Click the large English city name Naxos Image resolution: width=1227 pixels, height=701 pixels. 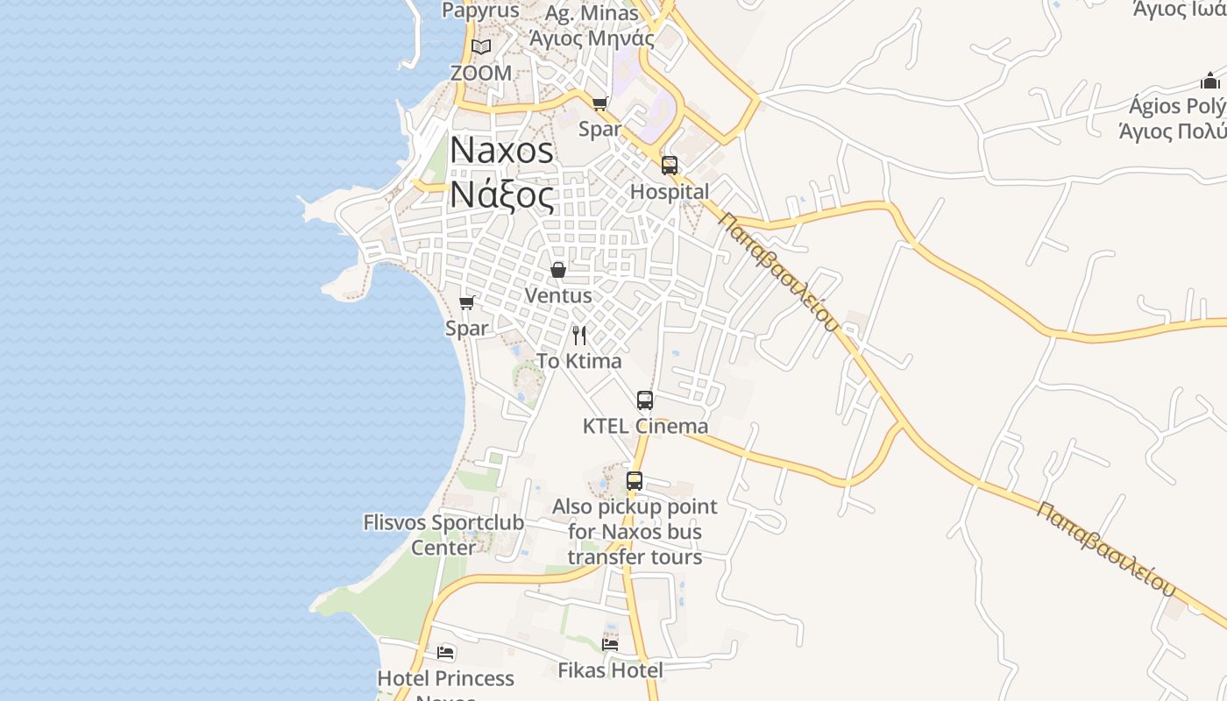point(501,151)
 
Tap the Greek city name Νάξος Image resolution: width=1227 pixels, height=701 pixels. point(501,195)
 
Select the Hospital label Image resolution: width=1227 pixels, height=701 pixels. point(670,192)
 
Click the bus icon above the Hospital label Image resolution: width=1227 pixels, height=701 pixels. point(670,165)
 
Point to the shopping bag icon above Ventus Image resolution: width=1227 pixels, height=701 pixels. point(557,270)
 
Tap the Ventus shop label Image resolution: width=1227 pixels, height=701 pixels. point(557,296)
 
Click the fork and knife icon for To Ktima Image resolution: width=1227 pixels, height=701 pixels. point(578,335)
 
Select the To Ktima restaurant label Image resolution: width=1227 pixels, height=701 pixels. point(578,361)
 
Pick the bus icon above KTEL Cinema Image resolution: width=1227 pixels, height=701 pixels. point(645,400)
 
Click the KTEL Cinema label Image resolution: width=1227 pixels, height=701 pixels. point(645,427)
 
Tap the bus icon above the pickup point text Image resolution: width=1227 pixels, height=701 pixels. point(635,481)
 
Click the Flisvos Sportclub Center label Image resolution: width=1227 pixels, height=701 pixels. point(443,535)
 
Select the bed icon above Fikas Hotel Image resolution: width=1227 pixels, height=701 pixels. point(610,644)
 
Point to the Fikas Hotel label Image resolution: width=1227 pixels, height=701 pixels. point(610,670)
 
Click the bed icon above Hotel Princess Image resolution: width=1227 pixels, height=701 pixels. point(445,653)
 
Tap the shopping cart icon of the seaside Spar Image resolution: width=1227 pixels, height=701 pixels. point(466,302)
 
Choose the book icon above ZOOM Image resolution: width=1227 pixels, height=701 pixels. point(480,46)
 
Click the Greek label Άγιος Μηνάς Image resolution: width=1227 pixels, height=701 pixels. point(592,39)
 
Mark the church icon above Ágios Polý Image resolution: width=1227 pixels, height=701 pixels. point(1210,81)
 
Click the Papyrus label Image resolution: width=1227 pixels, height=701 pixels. point(480,11)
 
